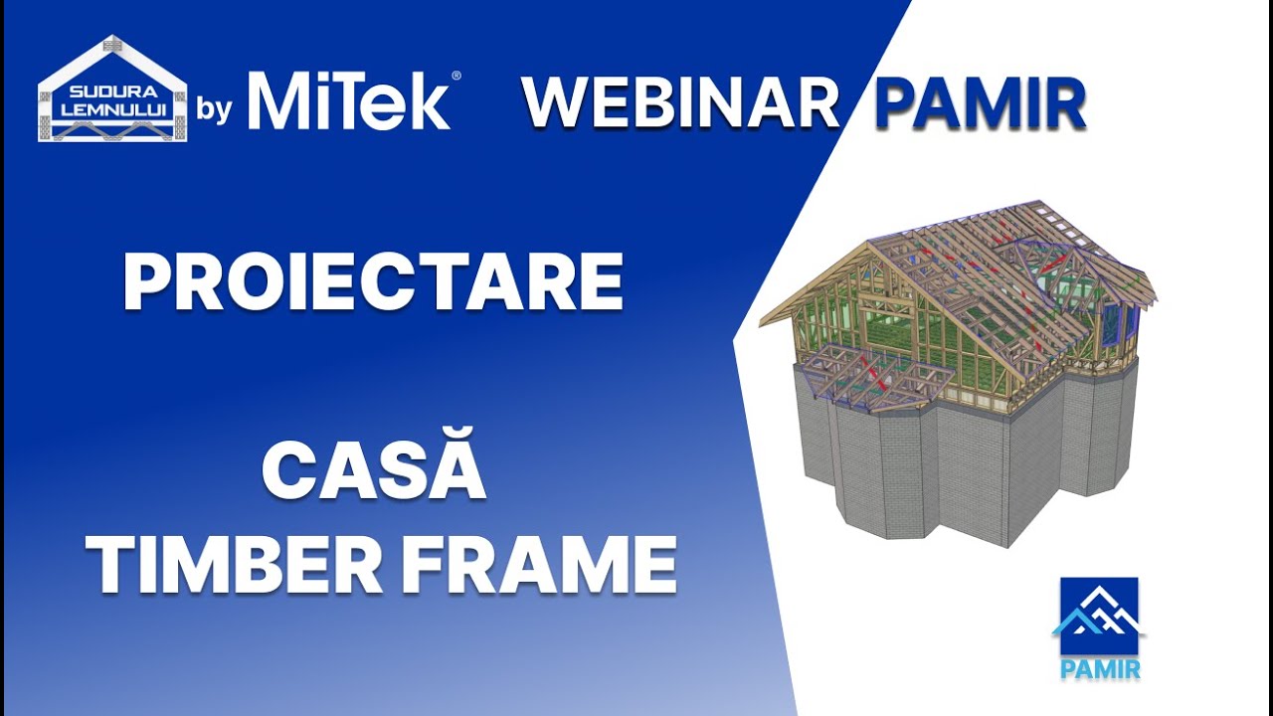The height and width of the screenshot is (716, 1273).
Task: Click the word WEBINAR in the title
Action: click(x=681, y=102)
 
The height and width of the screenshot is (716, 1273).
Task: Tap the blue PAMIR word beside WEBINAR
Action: click(x=980, y=102)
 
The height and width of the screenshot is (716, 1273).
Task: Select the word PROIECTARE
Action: click(x=373, y=281)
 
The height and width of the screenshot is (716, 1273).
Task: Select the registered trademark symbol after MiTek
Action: click(x=456, y=76)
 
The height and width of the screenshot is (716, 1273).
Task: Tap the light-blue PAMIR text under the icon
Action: click(x=1100, y=668)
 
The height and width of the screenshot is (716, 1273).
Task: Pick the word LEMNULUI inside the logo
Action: click(x=111, y=106)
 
